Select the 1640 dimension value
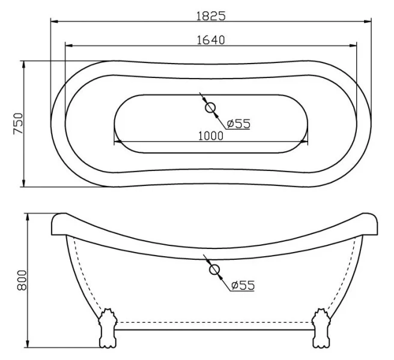point(210,39)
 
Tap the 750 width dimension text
point(19,123)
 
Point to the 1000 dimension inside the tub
point(210,135)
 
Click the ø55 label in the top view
point(238,124)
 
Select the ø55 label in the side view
point(242,285)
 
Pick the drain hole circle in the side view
point(214,270)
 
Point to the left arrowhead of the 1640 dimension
point(68,46)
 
